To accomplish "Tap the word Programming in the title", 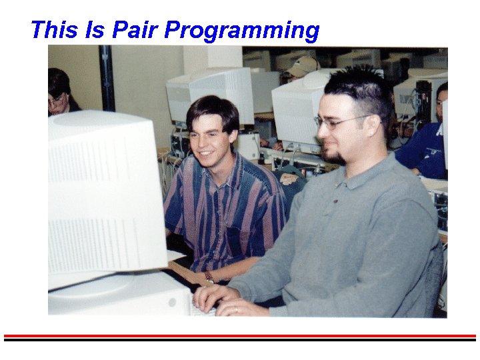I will click(x=242, y=31).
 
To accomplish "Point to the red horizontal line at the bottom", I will click(x=240, y=335).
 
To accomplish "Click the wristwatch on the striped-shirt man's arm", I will click(x=209, y=276).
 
